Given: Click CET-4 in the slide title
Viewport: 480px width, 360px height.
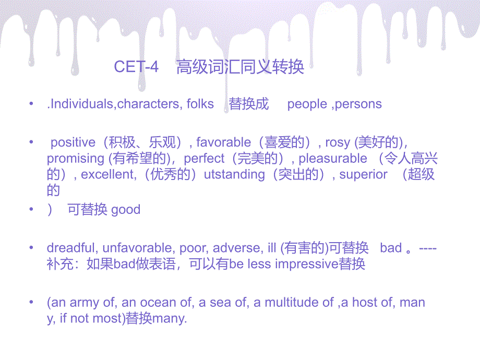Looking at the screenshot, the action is [x=136, y=66].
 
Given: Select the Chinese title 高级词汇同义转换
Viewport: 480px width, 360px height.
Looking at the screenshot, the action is [x=240, y=67].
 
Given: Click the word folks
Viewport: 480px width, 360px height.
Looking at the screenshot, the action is [x=200, y=104].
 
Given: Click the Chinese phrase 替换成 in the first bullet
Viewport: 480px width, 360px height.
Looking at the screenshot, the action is [x=248, y=104].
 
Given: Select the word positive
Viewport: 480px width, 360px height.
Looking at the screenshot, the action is [x=73, y=142].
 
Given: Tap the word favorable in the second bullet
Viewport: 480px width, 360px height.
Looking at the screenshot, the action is [x=223, y=142].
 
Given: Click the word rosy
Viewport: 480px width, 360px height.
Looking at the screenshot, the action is [x=338, y=143].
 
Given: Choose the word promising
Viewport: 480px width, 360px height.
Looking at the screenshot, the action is [x=76, y=159].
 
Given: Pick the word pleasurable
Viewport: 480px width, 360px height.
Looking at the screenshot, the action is [x=333, y=159].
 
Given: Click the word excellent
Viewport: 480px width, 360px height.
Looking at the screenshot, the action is [x=107, y=174].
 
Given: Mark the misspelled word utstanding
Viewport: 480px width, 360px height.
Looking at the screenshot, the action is [x=234, y=175].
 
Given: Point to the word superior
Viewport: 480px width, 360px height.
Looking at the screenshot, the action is [x=363, y=175].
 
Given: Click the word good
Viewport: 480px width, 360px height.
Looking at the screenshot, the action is [x=126, y=210].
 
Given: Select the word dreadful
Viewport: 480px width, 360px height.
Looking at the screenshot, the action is [x=71, y=248].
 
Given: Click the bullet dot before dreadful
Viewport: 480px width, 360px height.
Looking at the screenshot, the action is [x=31, y=247].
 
